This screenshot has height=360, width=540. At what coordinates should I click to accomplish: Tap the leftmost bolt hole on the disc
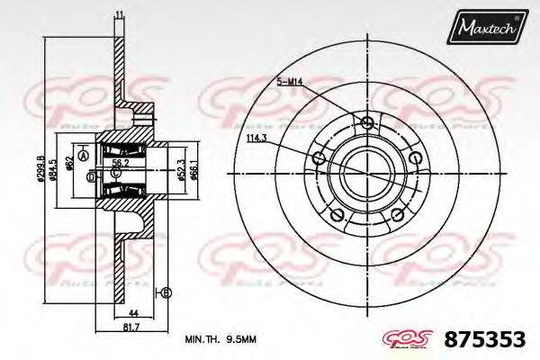click(318, 159)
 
